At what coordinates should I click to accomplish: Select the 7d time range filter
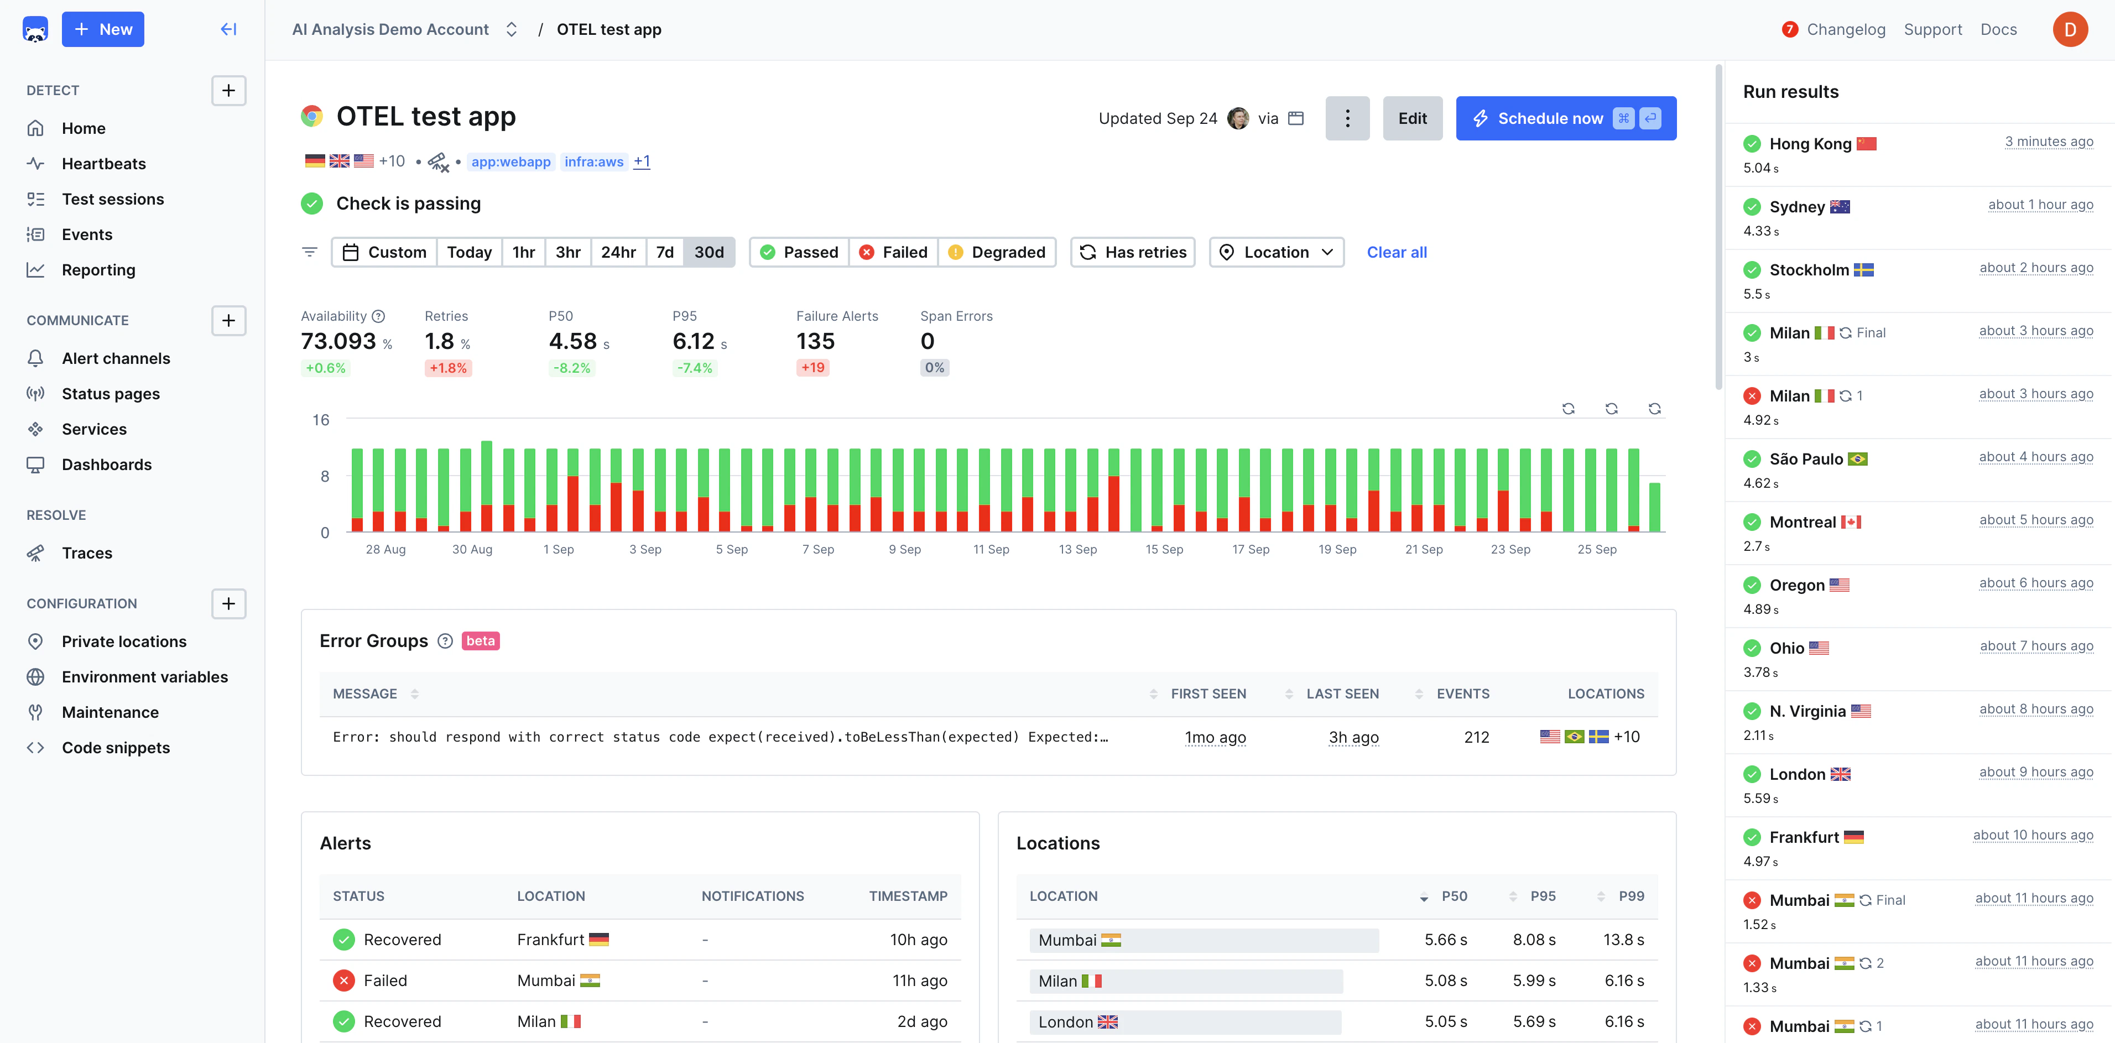point(664,252)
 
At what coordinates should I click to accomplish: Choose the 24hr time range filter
point(617,252)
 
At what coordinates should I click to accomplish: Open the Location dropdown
point(1276,252)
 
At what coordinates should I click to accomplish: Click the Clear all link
point(1396,252)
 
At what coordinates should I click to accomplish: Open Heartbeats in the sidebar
point(103,164)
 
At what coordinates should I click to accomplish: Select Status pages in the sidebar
point(111,393)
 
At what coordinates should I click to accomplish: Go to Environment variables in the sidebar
point(144,677)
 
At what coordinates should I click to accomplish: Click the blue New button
point(103,29)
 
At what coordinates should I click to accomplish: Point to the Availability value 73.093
point(338,341)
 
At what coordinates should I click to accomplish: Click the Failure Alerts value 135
point(815,341)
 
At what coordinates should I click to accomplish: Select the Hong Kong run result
point(1810,144)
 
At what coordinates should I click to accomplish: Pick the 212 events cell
point(1476,737)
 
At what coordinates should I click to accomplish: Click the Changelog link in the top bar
point(1845,29)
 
